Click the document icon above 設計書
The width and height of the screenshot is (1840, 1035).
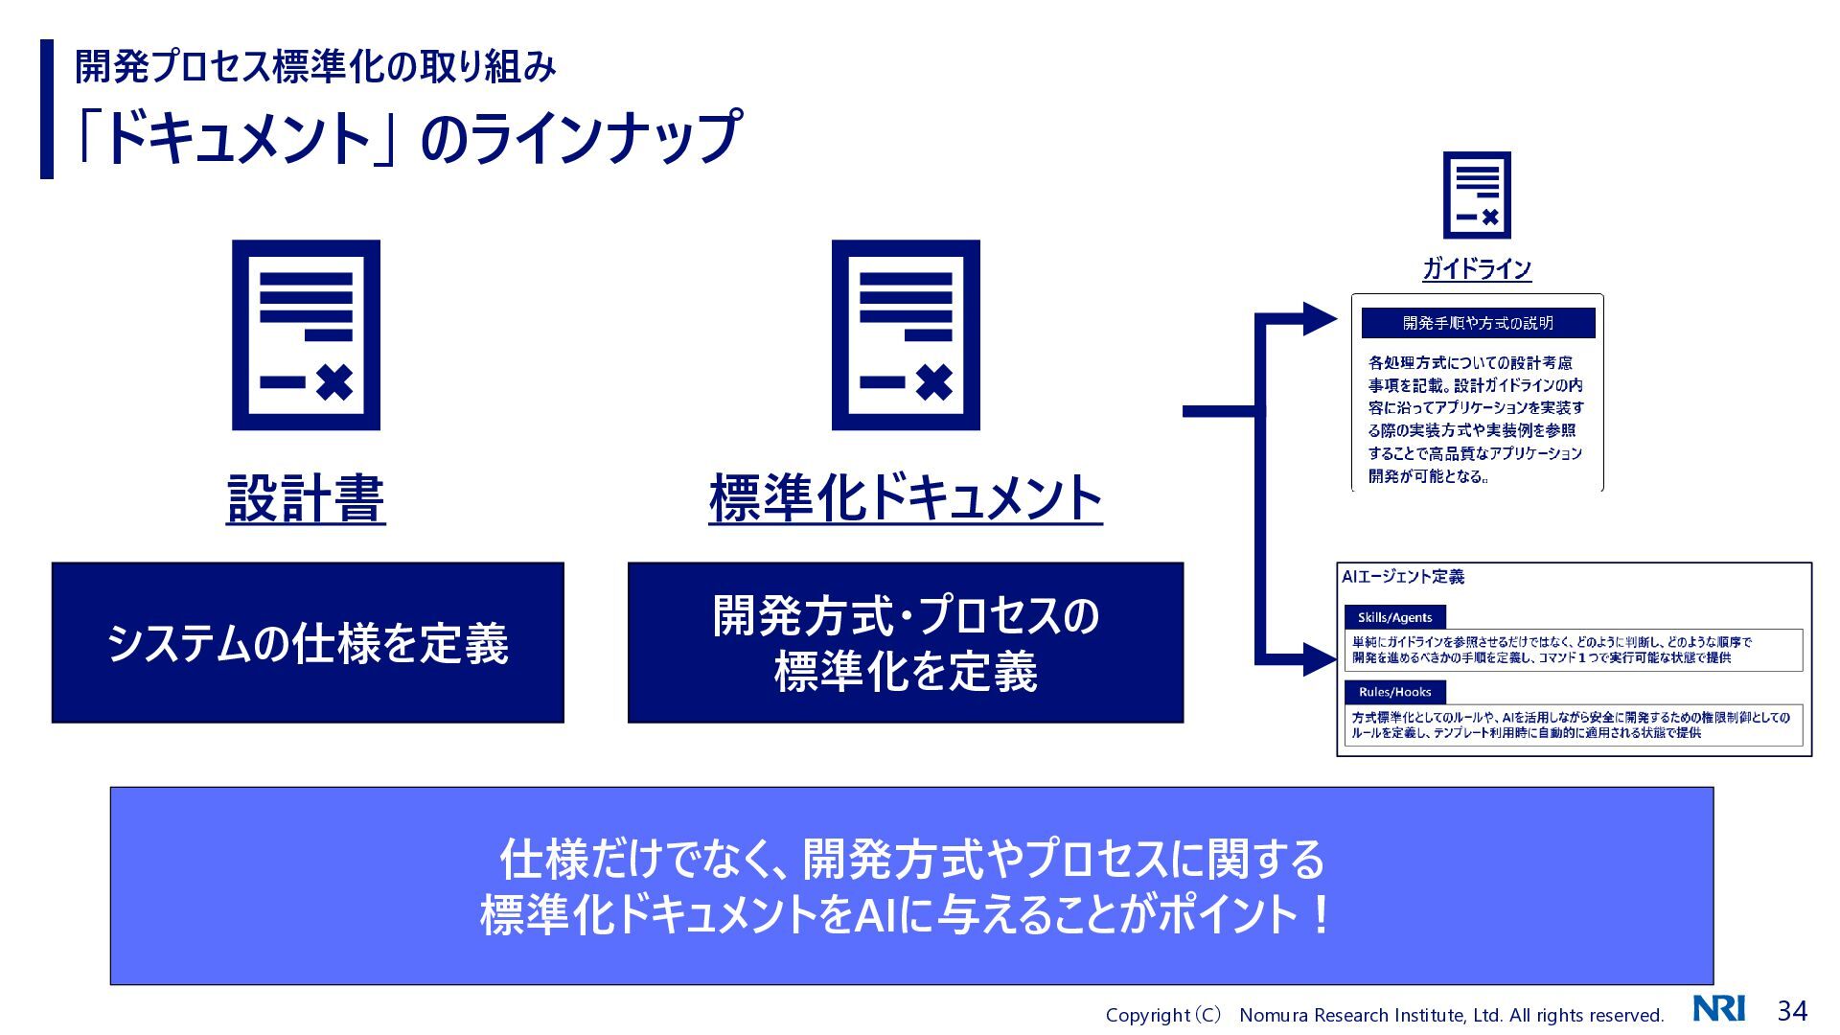306,334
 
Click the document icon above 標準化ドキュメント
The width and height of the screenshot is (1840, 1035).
906,334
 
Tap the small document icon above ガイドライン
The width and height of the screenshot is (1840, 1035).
1477,195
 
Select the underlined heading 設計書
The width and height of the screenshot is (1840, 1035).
306,498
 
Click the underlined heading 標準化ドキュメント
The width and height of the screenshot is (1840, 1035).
906,498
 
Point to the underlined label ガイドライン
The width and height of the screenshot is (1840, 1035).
1477,268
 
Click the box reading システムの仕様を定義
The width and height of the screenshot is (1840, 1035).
308,642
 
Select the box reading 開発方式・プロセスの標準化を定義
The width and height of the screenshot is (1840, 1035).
906,642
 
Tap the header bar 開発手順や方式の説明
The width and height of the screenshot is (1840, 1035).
1478,323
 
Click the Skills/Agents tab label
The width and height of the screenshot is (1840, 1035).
1395,617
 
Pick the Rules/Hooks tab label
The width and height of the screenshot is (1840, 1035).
1395,692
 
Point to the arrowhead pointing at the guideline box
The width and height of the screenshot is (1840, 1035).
1319,319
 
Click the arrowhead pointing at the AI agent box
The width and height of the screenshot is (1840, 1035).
1319,659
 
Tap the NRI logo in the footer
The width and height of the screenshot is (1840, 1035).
1719,1009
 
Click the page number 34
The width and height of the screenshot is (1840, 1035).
1792,1010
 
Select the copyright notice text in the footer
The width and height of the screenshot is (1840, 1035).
1385,1015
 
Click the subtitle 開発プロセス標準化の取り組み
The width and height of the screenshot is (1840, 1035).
315,66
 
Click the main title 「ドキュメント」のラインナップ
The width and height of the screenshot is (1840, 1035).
407,137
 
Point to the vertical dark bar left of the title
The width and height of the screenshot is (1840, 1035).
47,109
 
